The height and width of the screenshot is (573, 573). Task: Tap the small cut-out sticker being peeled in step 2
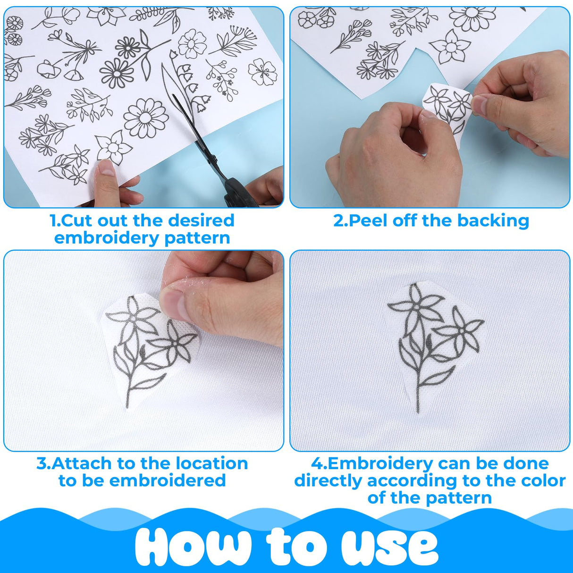pyautogui.click(x=447, y=111)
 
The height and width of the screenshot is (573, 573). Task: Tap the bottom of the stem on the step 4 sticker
pyautogui.click(x=418, y=406)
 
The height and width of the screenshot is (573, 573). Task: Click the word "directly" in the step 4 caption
pyautogui.click(x=329, y=480)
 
